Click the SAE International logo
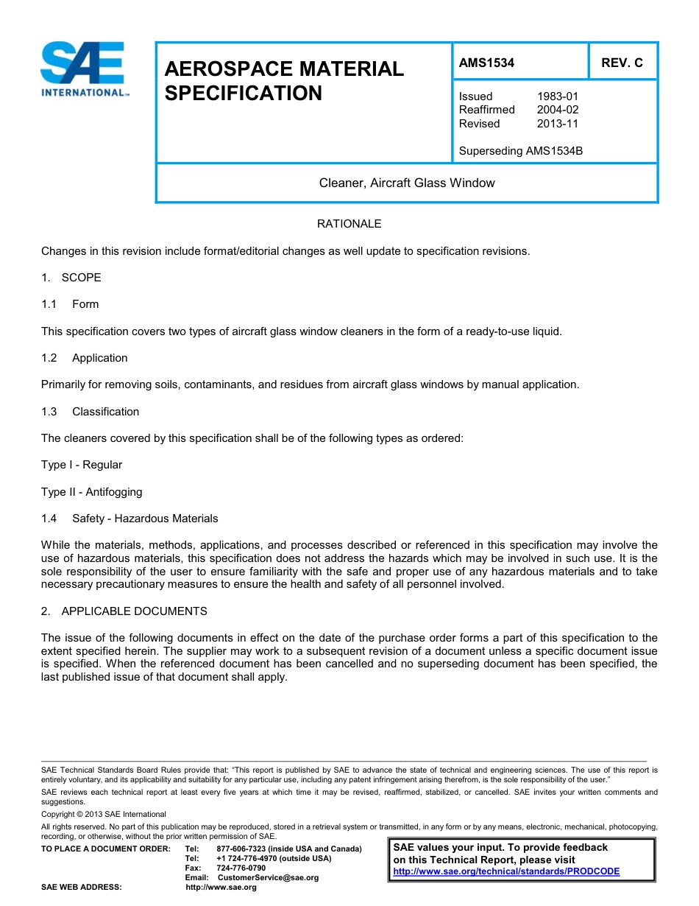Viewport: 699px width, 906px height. tap(85, 69)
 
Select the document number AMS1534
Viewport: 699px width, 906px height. tap(486, 63)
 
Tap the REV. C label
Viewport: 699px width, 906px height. tap(622, 63)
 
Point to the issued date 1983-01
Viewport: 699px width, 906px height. tap(558, 96)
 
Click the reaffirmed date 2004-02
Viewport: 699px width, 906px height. tap(558, 110)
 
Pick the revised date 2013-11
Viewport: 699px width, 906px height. tap(558, 124)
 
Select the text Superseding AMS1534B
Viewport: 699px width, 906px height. tap(520, 151)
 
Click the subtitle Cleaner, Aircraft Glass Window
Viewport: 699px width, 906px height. tap(406, 183)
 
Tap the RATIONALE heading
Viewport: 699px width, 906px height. tap(349, 224)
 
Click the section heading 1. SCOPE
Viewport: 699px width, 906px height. tap(71, 278)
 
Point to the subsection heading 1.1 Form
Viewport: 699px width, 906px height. tap(70, 304)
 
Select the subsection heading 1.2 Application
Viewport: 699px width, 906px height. tap(85, 358)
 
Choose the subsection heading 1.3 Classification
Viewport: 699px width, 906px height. tap(90, 412)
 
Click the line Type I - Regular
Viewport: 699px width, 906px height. tap(82, 465)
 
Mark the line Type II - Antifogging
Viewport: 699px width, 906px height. tap(92, 492)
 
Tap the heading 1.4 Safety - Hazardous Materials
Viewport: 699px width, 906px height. tap(129, 519)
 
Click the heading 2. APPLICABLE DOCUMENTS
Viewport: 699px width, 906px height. tap(124, 611)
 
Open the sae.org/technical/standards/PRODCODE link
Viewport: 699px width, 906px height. tap(506, 871)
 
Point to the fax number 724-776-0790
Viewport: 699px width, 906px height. tap(241, 868)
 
